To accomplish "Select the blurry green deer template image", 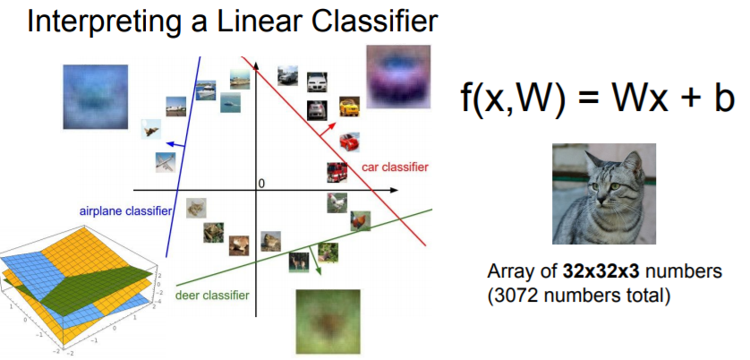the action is coord(328,320).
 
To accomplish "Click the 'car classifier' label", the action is coord(395,167).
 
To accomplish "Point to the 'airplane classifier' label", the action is coord(124,210).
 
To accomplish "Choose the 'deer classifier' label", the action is coord(212,295).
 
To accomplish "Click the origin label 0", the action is coord(261,184).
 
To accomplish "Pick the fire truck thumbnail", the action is coord(337,171).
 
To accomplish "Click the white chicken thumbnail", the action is coord(337,203).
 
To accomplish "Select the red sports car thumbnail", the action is coord(350,141).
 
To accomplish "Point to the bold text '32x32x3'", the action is coord(596,271).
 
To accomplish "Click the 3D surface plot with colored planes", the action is coord(81,287).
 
